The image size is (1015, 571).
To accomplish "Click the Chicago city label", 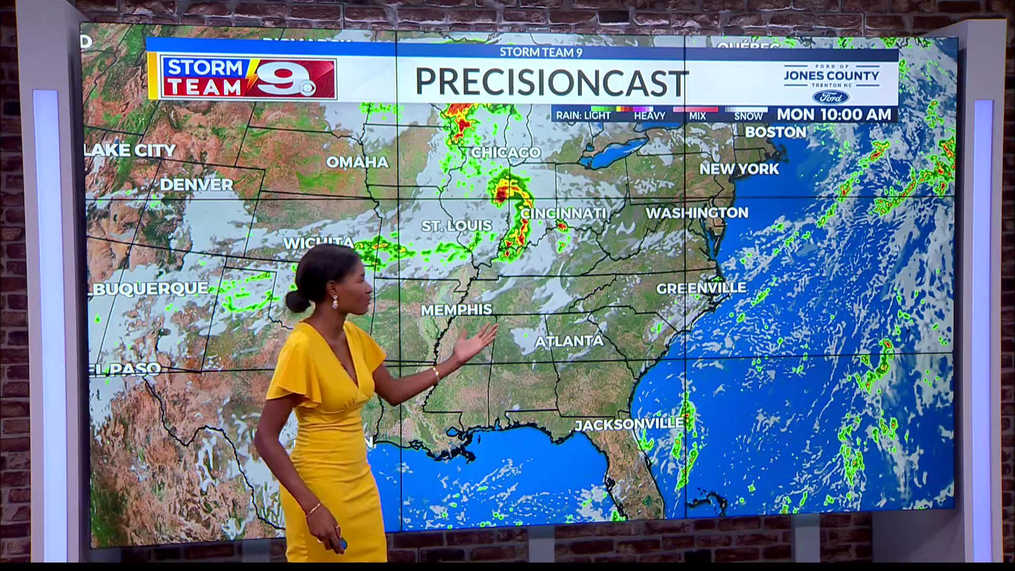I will pos(506,153).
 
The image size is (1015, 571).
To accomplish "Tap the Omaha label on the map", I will pos(357,162).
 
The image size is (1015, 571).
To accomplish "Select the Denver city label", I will pos(196,185).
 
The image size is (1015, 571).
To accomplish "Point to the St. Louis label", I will pos(456,226).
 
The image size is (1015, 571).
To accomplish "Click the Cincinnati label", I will pos(564,213).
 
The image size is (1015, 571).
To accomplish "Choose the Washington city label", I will pos(697,213).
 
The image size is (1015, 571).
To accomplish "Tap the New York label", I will pos(739,169).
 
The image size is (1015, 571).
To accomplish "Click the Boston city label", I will pos(776,132).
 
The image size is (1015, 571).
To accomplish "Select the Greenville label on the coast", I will pos(701,288).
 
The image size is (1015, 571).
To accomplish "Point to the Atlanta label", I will pos(569,342).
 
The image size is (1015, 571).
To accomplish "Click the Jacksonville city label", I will pos(629,424).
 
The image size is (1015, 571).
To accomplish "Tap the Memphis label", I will pos(456,309).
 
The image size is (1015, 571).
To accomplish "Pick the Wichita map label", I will pos(319,243).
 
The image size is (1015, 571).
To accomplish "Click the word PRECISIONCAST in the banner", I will pos(551,82).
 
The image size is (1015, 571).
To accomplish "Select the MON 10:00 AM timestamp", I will pos(834,114).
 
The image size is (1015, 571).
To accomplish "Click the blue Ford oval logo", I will pos(831,97).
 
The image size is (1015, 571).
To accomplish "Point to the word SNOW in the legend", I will pos(748,116).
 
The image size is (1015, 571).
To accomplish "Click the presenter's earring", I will pos(335,302).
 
